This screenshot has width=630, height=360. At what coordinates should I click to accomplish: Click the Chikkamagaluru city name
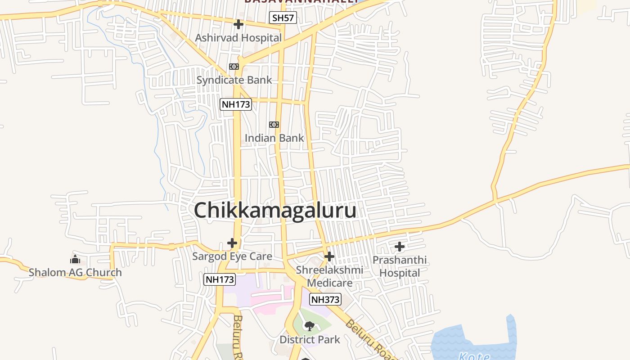(x=275, y=210)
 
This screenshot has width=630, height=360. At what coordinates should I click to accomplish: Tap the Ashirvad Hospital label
(x=238, y=38)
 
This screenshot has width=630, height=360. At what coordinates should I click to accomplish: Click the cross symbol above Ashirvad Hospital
(x=238, y=24)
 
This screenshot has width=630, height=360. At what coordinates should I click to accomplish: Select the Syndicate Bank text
(x=234, y=80)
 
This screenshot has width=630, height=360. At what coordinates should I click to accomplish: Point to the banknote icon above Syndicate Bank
(x=234, y=67)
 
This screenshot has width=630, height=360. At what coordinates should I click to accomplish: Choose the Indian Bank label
(x=274, y=138)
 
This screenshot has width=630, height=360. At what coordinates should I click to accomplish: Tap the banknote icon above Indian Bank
(x=274, y=125)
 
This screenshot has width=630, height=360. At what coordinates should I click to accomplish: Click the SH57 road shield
(x=283, y=18)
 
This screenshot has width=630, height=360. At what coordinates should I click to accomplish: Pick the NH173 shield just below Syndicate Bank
(x=235, y=105)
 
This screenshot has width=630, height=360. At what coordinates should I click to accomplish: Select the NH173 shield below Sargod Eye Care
(x=220, y=279)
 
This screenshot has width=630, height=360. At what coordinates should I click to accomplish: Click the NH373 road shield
(x=325, y=299)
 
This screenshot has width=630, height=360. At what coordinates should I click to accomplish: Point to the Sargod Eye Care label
(x=232, y=256)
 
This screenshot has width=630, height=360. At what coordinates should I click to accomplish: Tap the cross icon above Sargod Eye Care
(x=232, y=243)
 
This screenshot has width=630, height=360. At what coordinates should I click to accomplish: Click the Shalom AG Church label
(x=75, y=272)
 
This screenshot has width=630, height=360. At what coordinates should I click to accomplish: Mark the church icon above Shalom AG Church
(x=75, y=259)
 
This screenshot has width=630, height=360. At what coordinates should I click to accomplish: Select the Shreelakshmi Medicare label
(x=329, y=276)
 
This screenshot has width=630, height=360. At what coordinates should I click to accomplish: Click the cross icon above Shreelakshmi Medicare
(x=329, y=256)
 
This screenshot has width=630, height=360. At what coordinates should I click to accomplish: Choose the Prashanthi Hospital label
(x=400, y=266)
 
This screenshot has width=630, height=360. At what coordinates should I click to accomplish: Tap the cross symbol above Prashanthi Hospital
(x=399, y=247)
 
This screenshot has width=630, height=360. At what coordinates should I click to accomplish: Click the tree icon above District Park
(x=309, y=326)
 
